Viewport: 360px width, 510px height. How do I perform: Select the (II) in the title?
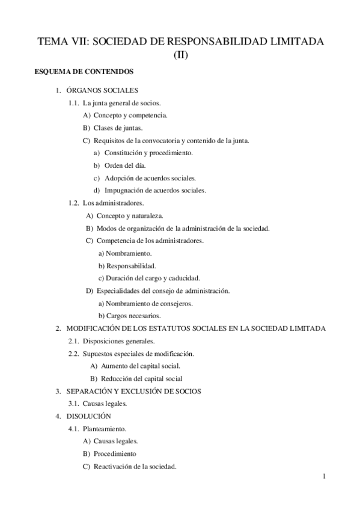[180, 55]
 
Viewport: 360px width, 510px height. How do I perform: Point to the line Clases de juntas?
[117, 127]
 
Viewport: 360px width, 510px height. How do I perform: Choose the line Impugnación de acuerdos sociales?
[154, 190]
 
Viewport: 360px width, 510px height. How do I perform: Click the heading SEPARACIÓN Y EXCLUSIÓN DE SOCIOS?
[133, 391]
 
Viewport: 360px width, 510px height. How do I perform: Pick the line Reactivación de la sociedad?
[135, 467]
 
